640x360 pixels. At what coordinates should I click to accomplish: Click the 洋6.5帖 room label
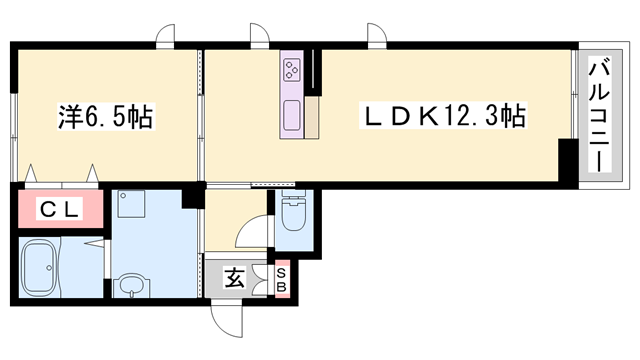click(105, 117)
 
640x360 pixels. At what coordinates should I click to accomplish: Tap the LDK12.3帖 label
click(443, 116)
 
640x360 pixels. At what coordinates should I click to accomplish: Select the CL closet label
click(60, 209)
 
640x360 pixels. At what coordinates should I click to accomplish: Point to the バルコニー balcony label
click(599, 116)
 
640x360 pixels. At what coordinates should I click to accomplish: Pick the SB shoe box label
click(282, 280)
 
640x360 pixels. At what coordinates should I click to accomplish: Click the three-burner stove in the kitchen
click(292, 69)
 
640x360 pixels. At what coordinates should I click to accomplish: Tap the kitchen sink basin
click(292, 115)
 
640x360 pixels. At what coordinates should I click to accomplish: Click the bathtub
click(38, 267)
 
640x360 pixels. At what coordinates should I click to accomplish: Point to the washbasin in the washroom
click(131, 286)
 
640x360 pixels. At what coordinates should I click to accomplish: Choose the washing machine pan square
click(131, 204)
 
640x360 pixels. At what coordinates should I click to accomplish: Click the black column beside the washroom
click(192, 196)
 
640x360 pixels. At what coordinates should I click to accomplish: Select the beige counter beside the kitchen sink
click(312, 117)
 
